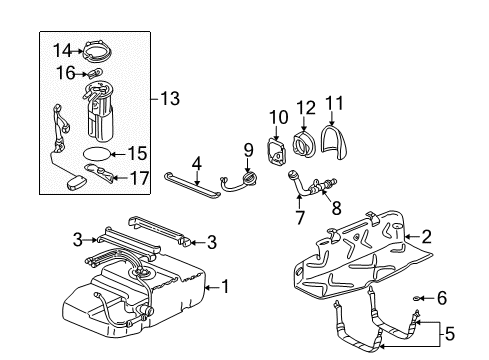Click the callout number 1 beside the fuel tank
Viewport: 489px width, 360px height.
(x=225, y=286)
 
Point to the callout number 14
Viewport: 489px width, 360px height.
(x=62, y=50)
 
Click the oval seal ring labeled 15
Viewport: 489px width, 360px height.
(x=94, y=154)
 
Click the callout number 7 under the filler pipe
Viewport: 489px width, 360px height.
(x=299, y=216)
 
